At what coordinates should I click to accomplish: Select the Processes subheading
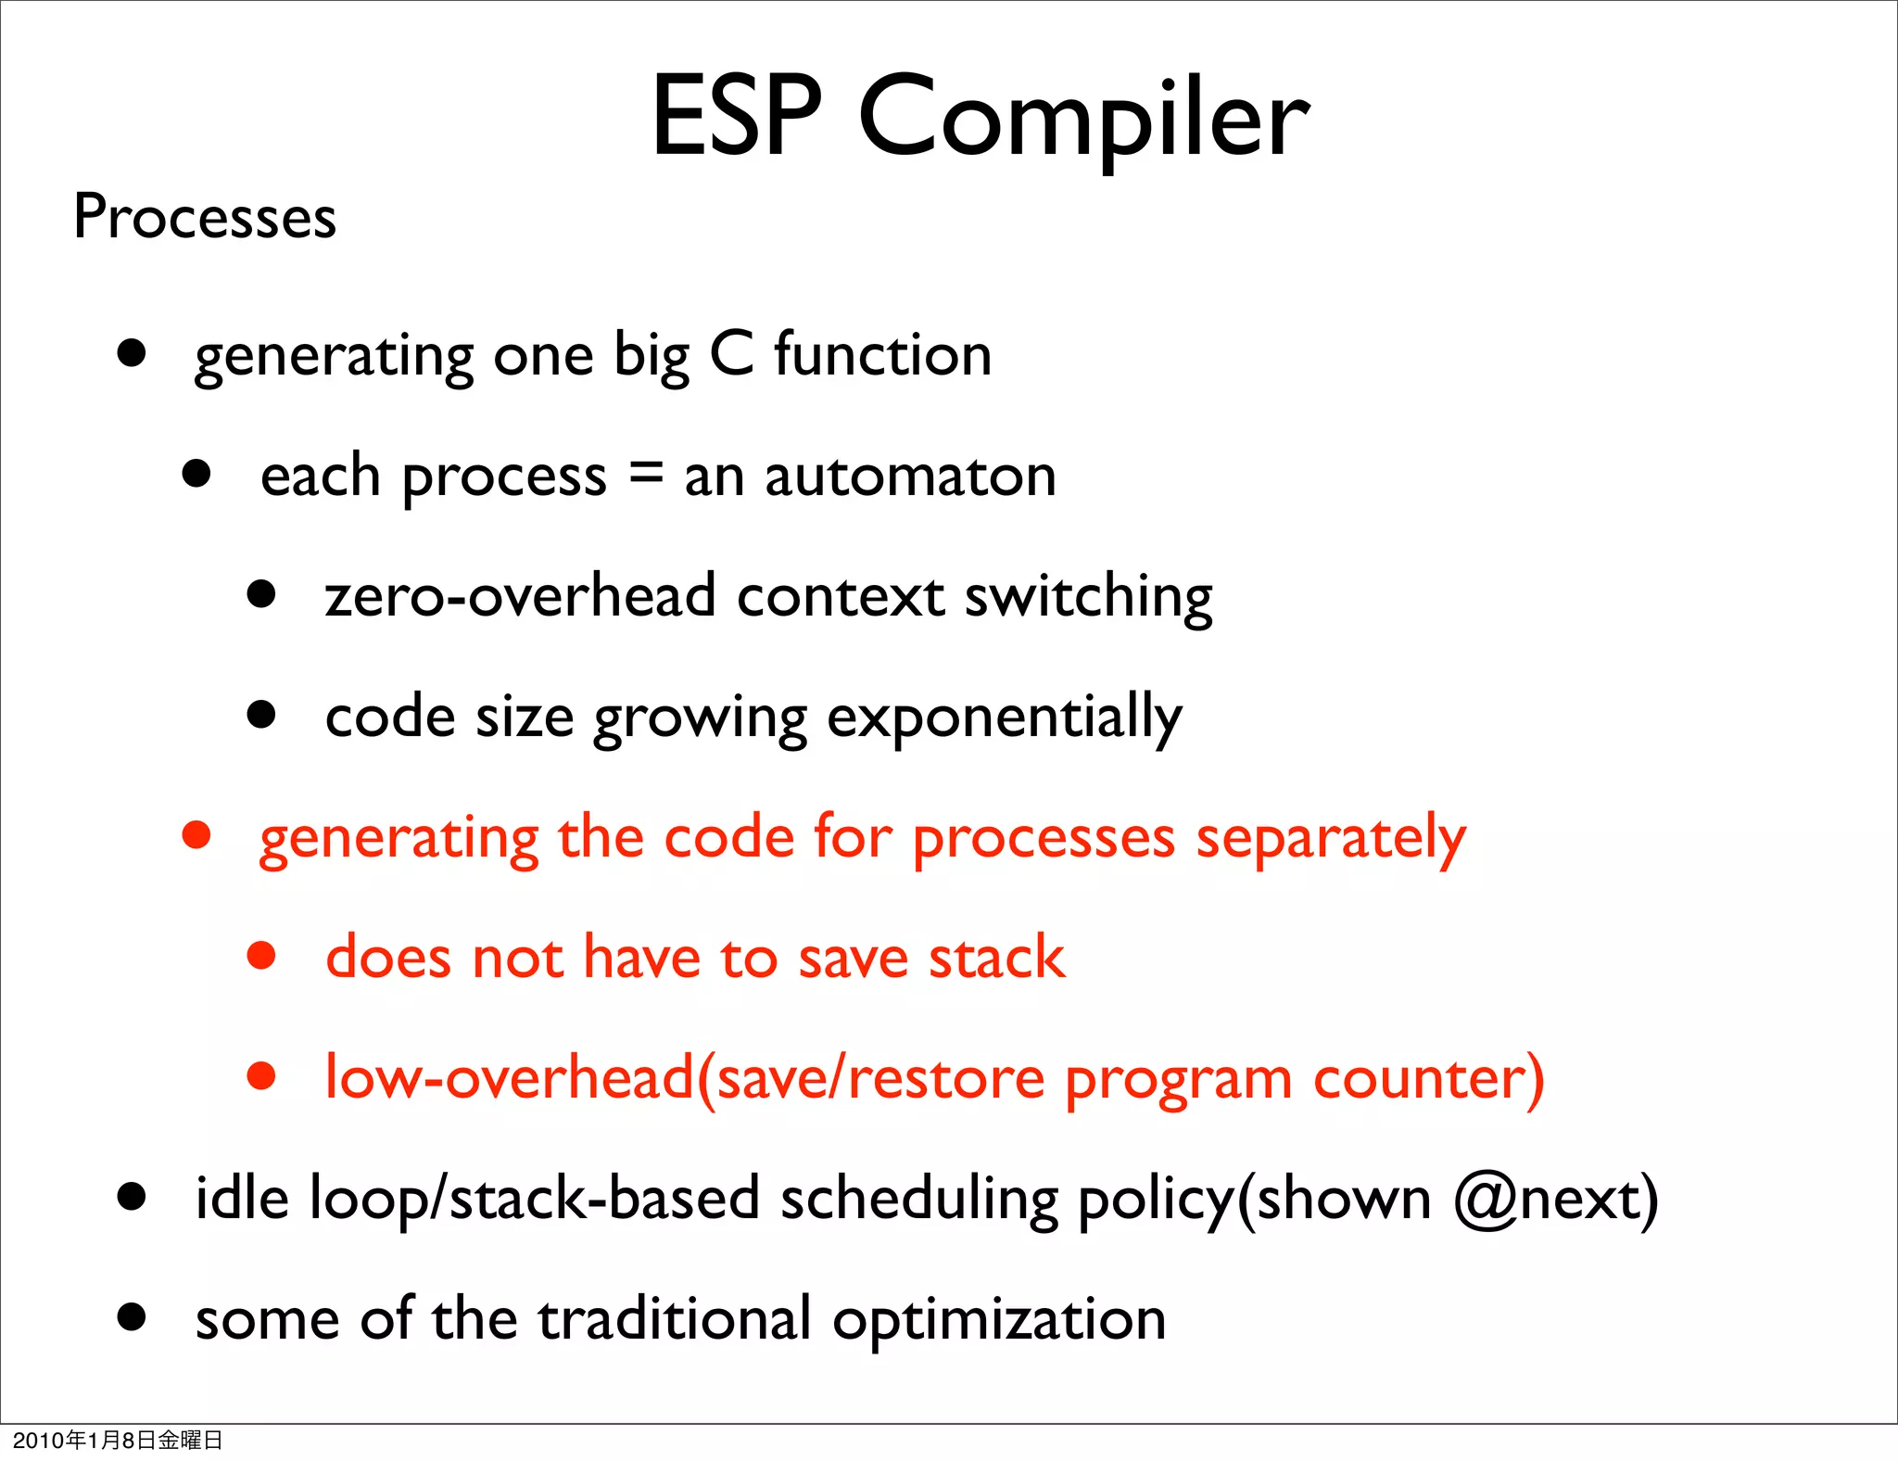205,217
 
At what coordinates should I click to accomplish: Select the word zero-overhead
520,595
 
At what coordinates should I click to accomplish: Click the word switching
1088,597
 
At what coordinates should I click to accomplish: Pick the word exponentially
1004,718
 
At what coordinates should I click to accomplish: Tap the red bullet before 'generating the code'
196,834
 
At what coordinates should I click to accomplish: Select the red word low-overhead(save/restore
685,1078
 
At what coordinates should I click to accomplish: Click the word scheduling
918,1200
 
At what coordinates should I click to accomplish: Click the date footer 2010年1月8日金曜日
118,1440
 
